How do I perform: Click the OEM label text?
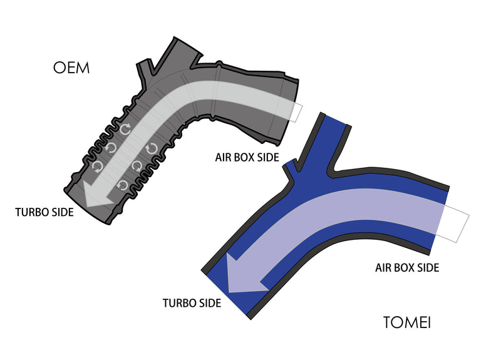point(71,68)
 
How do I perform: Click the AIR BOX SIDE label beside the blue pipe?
point(407,267)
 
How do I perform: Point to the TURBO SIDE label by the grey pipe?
point(44,212)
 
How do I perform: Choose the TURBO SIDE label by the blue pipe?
point(192,303)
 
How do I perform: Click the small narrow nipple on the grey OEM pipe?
point(144,68)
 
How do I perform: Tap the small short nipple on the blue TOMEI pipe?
point(292,168)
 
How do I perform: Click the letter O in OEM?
point(58,68)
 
